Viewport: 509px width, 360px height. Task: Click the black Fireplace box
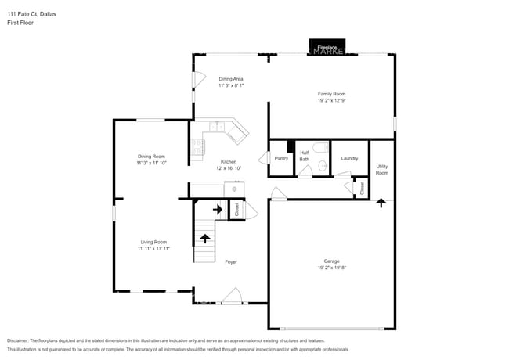point(327,47)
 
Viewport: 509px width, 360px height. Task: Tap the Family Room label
point(331,94)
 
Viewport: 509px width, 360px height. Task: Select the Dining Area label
point(231,79)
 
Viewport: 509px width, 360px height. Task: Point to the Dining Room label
point(151,157)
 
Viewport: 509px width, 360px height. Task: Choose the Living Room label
point(153,242)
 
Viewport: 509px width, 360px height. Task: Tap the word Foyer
point(231,261)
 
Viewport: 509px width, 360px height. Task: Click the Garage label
point(331,261)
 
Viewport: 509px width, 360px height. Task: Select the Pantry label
point(281,158)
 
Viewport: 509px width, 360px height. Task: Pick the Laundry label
point(349,158)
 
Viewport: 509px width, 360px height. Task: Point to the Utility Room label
point(381,169)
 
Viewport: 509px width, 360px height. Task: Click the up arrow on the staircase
point(205,238)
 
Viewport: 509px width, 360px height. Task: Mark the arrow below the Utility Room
point(381,203)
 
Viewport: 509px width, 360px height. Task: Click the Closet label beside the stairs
point(236,210)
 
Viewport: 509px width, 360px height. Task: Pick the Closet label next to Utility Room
point(361,188)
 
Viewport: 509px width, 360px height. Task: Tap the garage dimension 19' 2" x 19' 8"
point(331,268)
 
